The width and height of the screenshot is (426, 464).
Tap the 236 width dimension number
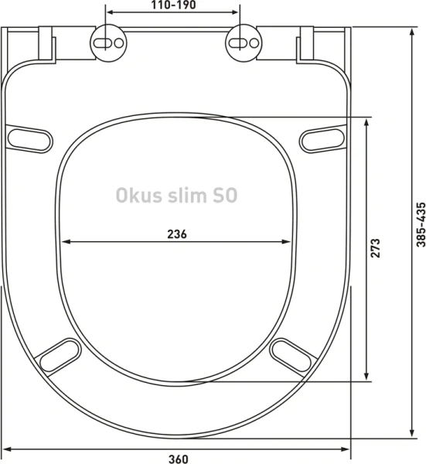pyautogui.click(x=177, y=234)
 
